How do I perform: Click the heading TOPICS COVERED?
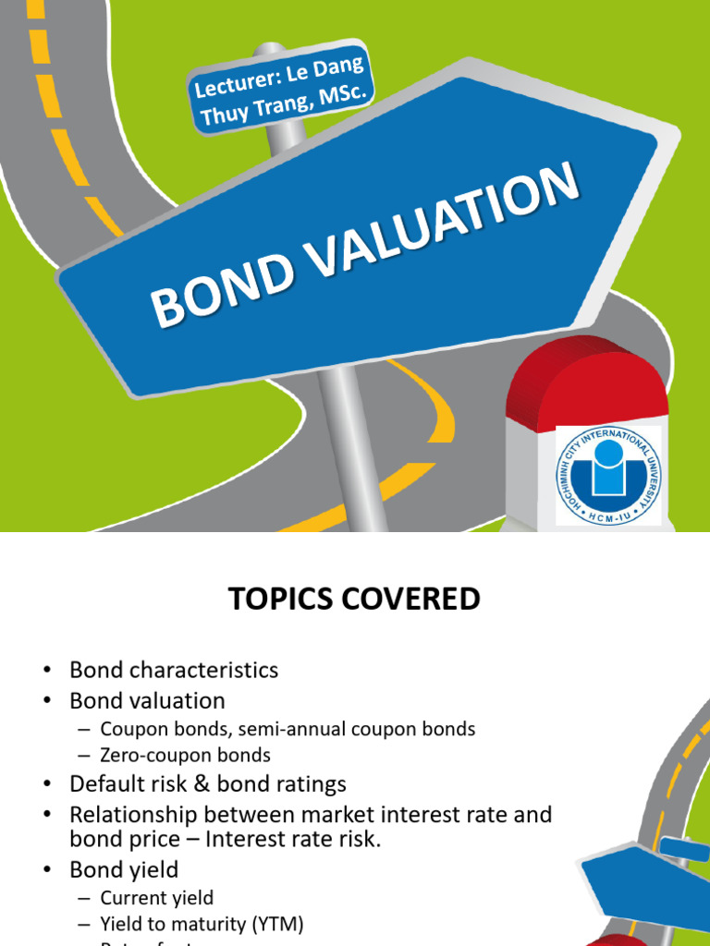tap(355, 600)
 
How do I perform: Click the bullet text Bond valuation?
tap(147, 700)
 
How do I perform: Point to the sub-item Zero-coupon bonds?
tap(185, 755)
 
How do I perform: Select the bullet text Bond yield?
tap(124, 869)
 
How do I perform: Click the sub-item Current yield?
tap(156, 897)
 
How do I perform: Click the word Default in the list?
tap(104, 784)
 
